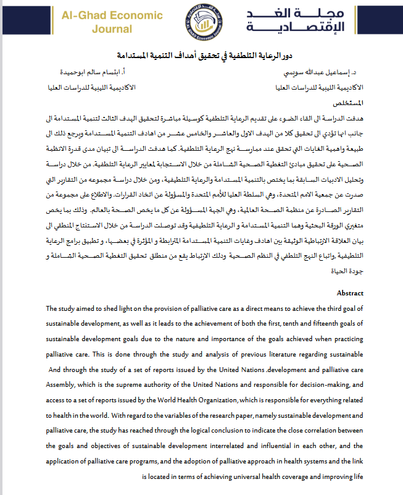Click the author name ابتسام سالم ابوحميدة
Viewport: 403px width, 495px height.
point(99,72)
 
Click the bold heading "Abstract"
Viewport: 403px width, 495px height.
point(350,293)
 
